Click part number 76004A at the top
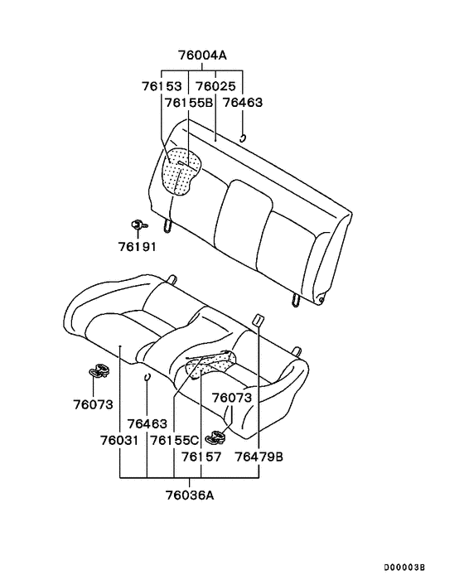202,56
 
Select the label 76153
162,86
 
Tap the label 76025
215,86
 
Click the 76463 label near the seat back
243,103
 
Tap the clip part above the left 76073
100,370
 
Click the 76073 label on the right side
231,399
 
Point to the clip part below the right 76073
220,432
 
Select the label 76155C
176,440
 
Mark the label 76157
201,457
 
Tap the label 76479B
259,457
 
